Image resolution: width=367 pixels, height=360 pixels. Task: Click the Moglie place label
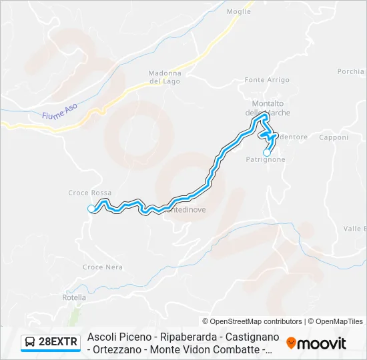[x=239, y=11]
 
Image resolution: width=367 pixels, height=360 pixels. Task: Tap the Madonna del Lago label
[x=165, y=77]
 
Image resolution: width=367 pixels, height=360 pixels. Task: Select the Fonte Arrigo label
[x=267, y=80]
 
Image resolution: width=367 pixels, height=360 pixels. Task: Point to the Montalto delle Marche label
[x=268, y=107]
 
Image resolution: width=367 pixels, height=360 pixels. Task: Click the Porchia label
[x=352, y=71]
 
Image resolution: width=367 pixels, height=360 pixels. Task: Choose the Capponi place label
[x=334, y=138]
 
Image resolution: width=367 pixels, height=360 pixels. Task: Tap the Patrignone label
[x=266, y=160]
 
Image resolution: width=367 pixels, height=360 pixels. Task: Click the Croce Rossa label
[x=90, y=193]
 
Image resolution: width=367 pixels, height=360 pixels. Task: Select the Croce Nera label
[x=103, y=267]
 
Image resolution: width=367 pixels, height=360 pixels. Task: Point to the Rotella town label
[x=74, y=297]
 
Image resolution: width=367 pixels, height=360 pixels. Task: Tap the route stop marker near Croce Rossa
[x=91, y=209]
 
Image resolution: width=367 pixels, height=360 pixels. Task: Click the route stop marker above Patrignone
[x=267, y=153]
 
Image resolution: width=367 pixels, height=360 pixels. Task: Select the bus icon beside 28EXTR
[x=31, y=343]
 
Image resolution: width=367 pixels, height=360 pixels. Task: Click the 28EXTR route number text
[x=59, y=343]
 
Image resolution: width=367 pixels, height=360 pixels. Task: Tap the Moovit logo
[x=316, y=343]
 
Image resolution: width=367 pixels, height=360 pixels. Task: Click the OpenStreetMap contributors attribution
[x=252, y=321]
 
